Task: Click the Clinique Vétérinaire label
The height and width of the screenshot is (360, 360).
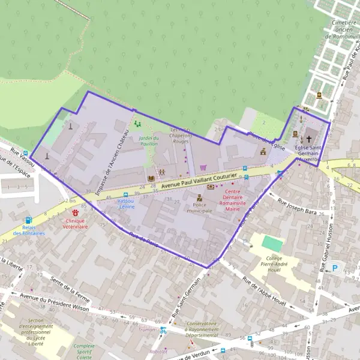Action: [76, 223]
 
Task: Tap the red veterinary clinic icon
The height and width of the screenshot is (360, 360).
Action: [76, 212]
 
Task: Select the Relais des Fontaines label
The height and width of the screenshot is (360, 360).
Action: [29, 230]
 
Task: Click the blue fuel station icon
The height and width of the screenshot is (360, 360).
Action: [28, 220]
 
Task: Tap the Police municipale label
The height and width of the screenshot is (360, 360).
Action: [199, 208]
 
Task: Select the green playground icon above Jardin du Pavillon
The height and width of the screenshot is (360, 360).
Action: [137, 124]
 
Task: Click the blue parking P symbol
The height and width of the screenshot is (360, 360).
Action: [336, 268]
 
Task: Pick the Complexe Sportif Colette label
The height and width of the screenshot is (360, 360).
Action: [84, 350]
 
